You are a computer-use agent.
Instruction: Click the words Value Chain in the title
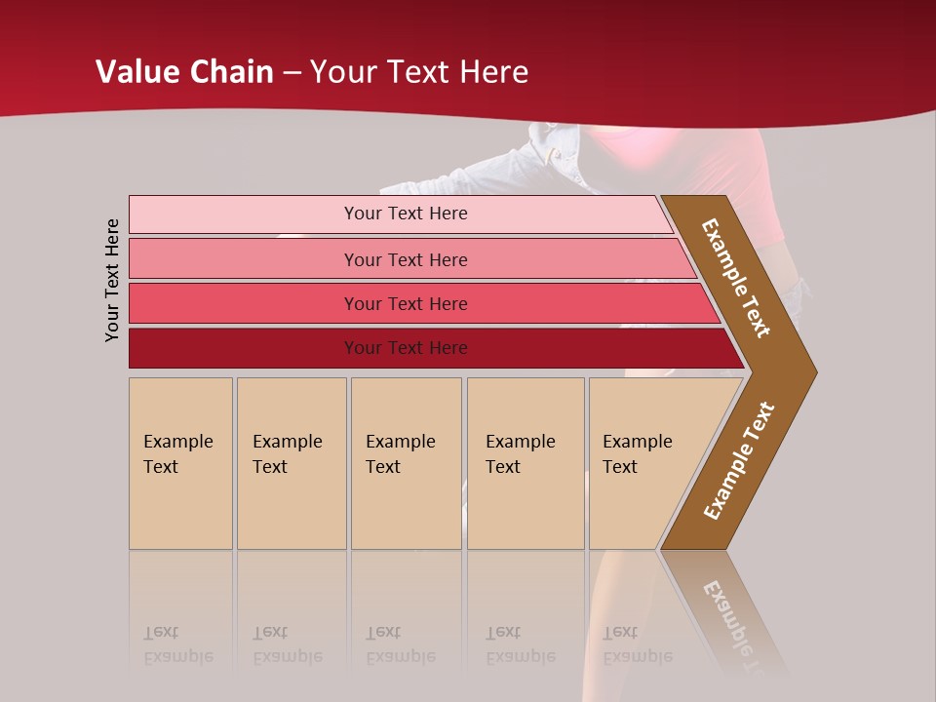[184, 72]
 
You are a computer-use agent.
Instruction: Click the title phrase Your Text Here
[419, 72]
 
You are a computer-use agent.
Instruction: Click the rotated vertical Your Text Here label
[112, 280]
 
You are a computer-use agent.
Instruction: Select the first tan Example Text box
[180, 463]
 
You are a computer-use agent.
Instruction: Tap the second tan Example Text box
[292, 463]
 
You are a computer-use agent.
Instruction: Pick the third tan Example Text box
[406, 463]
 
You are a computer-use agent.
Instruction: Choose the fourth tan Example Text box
[526, 463]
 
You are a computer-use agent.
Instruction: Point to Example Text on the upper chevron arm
[736, 278]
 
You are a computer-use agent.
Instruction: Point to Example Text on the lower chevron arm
[739, 461]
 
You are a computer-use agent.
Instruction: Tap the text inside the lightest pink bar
[406, 214]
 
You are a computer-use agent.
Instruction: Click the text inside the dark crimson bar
[406, 348]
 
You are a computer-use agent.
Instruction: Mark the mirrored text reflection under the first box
[177, 645]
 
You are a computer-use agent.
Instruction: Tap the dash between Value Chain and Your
[292, 73]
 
